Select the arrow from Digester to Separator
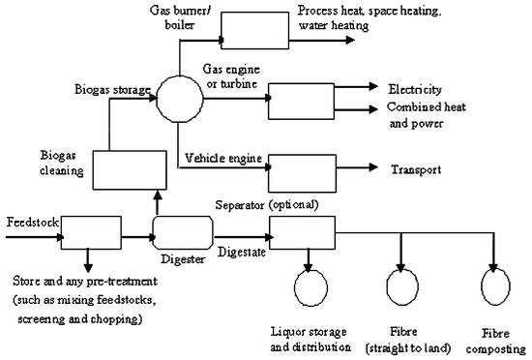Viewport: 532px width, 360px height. coord(240,235)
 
